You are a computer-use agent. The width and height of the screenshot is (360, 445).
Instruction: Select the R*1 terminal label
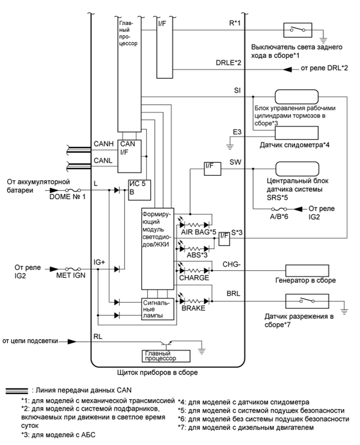pos(227,23)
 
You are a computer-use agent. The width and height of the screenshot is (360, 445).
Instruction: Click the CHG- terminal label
pos(233,264)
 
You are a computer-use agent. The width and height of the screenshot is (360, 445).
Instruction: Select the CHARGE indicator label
pos(194,278)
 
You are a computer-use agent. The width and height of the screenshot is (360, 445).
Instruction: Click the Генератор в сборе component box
pos(307,270)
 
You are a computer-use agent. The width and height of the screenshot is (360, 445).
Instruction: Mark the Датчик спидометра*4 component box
pos(297,133)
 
